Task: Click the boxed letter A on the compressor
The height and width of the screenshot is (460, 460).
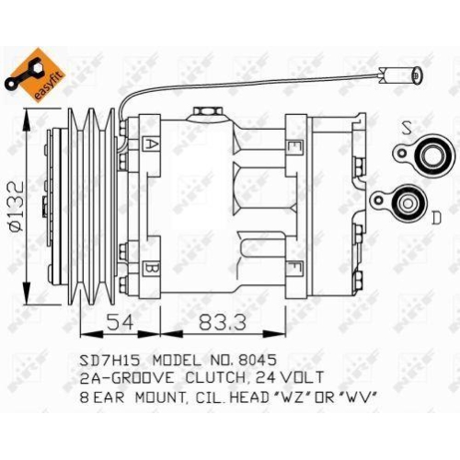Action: point(151,144)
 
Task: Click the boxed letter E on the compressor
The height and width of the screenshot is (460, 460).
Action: point(293,146)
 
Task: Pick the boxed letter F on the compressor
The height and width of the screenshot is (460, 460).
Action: point(293,270)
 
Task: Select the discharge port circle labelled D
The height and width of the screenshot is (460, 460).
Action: point(405,200)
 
